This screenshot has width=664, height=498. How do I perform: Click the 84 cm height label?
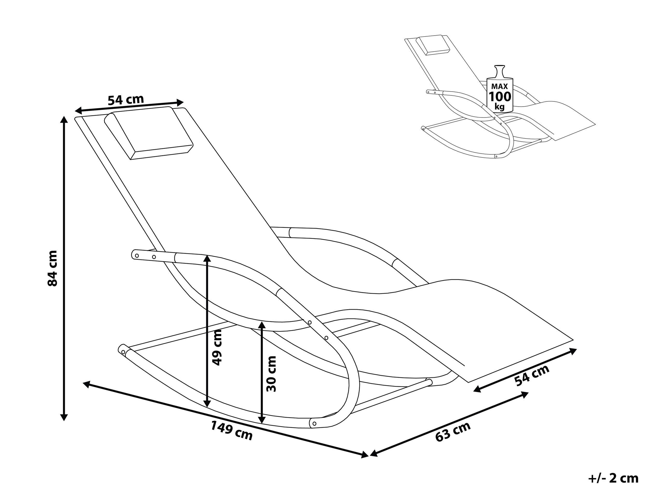pos(53,268)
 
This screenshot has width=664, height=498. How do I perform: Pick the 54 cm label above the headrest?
pos(126,100)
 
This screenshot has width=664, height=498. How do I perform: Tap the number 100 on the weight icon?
pos(500,97)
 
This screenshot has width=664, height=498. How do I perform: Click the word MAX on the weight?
pos(500,86)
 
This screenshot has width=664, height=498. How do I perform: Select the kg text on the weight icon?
pos(500,107)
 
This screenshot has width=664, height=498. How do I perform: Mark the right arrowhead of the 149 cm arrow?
pos(364,455)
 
